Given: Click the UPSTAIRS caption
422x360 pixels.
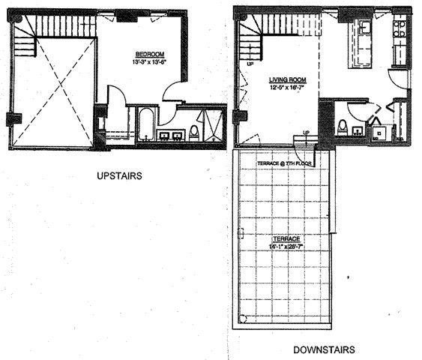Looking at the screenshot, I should pos(119,176).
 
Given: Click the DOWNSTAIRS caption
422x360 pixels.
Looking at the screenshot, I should pos(324,349).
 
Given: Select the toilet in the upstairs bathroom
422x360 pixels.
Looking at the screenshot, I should pos(193,133).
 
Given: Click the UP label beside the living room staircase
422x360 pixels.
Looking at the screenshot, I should pos(249,64).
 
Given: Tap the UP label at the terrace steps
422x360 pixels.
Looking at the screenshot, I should pos(305,133).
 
